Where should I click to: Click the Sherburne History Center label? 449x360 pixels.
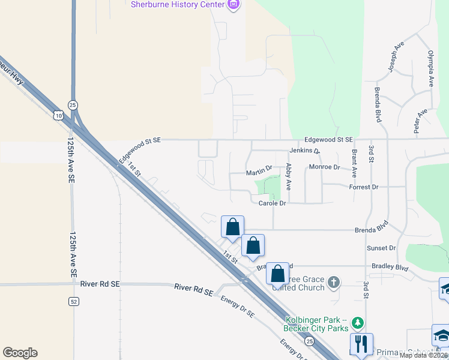[178, 5]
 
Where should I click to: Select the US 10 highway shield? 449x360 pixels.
[57, 114]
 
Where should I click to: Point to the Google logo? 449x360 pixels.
[20, 353]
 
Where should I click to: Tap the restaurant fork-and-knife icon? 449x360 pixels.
[361, 344]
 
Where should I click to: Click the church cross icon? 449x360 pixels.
[335, 281]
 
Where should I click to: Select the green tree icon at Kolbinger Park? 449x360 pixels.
[358, 323]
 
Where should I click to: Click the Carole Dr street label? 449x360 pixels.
[272, 203]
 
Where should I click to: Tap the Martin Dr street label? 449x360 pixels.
[259, 172]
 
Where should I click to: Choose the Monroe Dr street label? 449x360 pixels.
[324, 167]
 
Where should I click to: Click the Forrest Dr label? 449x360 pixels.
[364, 187]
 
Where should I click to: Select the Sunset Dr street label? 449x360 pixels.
[381, 248]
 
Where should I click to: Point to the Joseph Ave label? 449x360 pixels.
[397, 58]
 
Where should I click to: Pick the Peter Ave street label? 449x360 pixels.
[420, 121]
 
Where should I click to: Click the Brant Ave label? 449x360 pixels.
[354, 163]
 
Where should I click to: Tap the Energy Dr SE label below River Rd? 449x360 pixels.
[238, 307]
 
